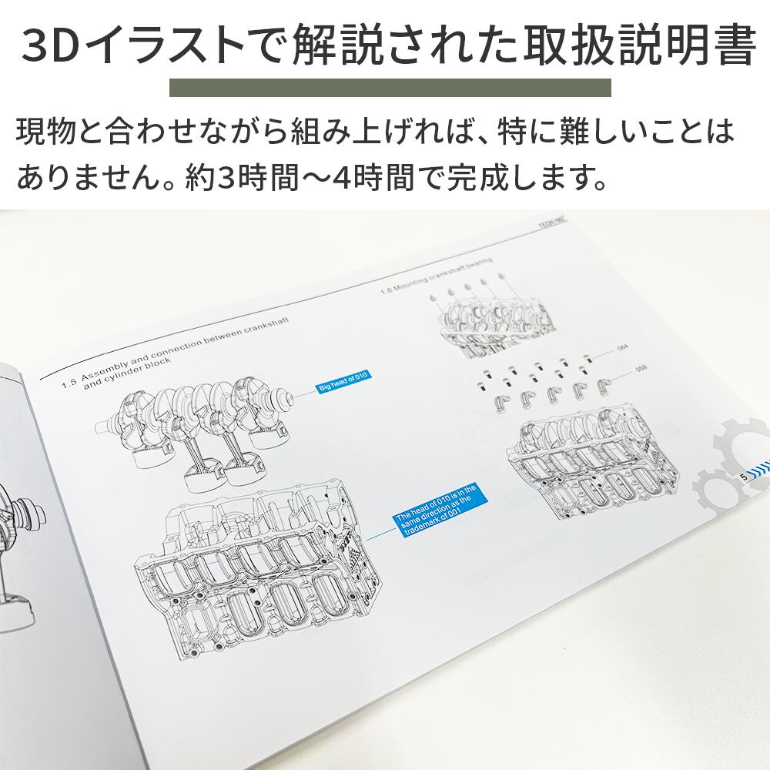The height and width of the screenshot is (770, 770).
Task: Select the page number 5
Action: coord(743,477)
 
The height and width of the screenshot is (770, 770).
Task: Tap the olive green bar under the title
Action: coord(390,87)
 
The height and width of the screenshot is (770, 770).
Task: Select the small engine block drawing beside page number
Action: coord(584,462)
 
